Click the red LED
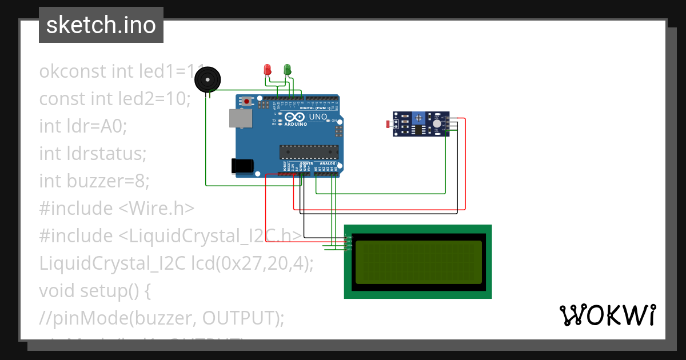tap(266, 70)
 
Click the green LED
tap(288, 70)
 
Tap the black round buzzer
tap(207, 79)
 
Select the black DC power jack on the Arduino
tap(242, 166)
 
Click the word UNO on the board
tap(318, 117)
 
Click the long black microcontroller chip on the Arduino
tap(309, 152)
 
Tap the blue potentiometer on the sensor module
tap(419, 117)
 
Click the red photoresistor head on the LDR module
tap(389, 124)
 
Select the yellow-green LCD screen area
tap(418, 262)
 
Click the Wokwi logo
tap(607, 315)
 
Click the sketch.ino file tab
tap(101, 25)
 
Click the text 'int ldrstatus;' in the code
tap(93, 154)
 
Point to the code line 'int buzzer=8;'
tap(94, 181)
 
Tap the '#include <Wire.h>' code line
tap(117, 209)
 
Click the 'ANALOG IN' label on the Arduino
tap(330, 163)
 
